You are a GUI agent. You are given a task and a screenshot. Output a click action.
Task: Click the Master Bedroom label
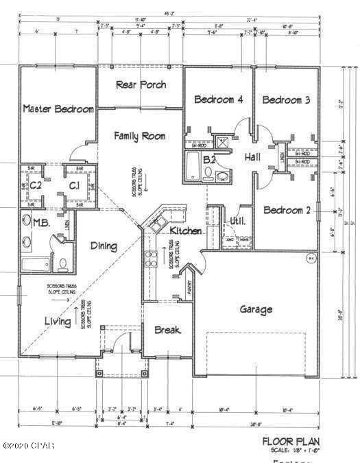pyautogui.click(x=58, y=109)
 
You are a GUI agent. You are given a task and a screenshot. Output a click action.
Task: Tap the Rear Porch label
pyautogui.click(x=140, y=85)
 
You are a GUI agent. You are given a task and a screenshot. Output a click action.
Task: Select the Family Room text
pyautogui.click(x=139, y=136)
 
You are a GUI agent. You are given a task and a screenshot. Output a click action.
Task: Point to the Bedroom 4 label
pyautogui.click(x=219, y=99)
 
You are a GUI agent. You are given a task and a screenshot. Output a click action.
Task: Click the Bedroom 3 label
pyautogui.click(x=287, y=99)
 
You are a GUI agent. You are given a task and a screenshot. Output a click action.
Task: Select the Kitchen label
pyautogui.click(x=186, y=231)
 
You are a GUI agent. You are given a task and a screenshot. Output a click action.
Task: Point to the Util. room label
pyautogui.click(x=237, y=221)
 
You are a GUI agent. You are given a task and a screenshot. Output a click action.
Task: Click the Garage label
pyautogui.click(x=256, y=309)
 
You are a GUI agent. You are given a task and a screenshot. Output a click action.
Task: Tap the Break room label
pyautogui.click(x=167, y=330)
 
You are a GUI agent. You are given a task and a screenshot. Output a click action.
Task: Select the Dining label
pyautogui.click(x=102, y=246)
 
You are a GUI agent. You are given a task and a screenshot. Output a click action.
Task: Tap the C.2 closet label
pyautogui.click(x=36, y=185)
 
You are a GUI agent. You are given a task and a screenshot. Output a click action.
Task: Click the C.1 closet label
pyautogui.click(x=74, y=185)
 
